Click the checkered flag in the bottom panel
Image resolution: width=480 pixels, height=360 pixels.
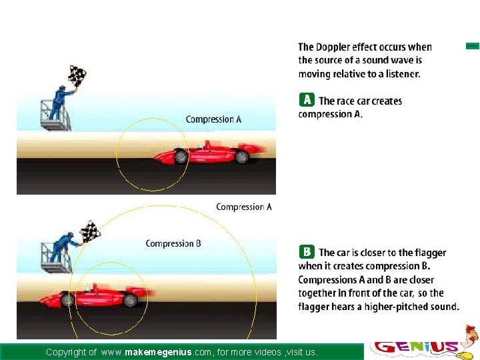click(x=90, y=232)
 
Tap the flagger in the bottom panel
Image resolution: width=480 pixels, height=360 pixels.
click(x=64, y=247)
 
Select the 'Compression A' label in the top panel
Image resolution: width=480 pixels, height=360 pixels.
click(x=213, y=119)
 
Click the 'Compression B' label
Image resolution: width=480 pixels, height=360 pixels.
click(x=173, y=243)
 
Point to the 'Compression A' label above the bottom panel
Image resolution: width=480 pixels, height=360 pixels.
click(x=244, y=207)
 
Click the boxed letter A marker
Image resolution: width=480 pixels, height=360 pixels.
click(x=306, y=100)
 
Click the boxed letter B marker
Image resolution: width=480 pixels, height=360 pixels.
click(x=306, y=252)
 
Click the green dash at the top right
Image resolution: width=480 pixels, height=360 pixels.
click(x=472, y=46)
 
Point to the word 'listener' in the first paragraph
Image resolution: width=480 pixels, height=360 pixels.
click(x=401, y=74)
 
